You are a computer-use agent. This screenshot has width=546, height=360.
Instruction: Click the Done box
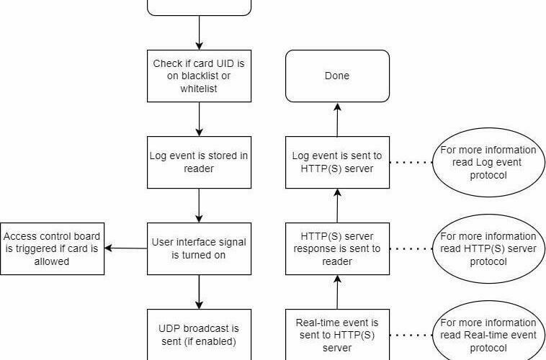pyautogui.click(x=337, y=76)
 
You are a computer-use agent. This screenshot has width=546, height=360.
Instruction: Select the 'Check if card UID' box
pyautogui.click(x=200, y=76)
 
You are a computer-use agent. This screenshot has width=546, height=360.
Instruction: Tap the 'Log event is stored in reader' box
pyautogui.click(x=200, y=162)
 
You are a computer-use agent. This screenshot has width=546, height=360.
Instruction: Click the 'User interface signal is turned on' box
pyautogui.click(x=200, y=248)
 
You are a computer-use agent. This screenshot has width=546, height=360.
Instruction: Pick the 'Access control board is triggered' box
pyautogui.click(x=53, y=248)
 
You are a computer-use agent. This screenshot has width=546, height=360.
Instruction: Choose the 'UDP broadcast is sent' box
pyautogui.click(x=200, y=335)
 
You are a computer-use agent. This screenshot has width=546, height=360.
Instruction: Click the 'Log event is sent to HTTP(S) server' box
pyautogui.click(x=337, y=162)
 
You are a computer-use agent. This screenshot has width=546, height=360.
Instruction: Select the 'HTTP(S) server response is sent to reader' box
pyautogui.click(x=337, y=248)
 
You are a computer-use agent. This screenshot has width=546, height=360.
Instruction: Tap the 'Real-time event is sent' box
pyautogui.click(x=337, y=335)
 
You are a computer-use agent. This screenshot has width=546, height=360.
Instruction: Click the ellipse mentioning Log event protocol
pyautogui.click(x=488, y=162)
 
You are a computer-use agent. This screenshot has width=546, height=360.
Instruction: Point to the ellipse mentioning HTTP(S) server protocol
pyautogui.click(x=488, y=248)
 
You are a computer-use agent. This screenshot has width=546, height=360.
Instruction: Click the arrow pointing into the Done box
pyautogui.click(x=337, y=120)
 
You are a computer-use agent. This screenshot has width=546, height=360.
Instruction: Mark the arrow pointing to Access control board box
pyautogui.click(x=126, y=248)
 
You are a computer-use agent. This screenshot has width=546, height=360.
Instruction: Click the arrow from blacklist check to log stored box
pyautogui.click(x=200, y=119)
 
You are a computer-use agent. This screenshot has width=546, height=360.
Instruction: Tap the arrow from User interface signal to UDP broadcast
pyautogui.click(x=200, y=292)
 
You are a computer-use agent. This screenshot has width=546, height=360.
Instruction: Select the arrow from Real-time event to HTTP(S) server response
pyautogui.click(x=337, y=292)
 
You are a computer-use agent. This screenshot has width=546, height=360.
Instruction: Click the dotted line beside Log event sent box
pyautogui.click(x=411, y=162)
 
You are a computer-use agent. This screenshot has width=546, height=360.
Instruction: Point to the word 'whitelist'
pyautogui.click(x=199, y=89)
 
